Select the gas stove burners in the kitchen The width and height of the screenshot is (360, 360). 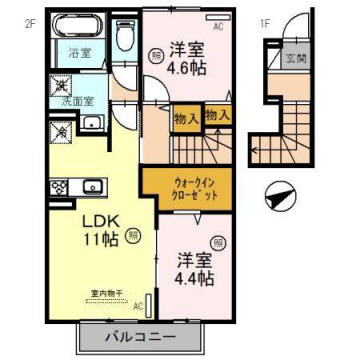pyautogui.click(x=57, y=186)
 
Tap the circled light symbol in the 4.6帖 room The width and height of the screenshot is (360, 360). pyautogui.click(x=157, y=57)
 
